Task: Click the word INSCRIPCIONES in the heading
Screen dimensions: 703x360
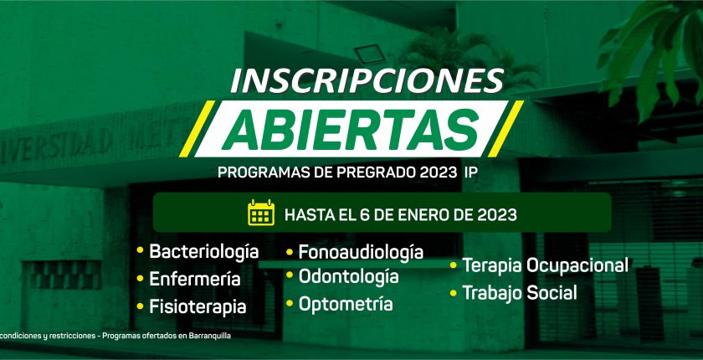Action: tap(367, 80)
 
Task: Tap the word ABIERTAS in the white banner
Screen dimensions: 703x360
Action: tap(351, 129)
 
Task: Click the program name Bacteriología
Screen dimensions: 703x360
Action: tap(204, 252)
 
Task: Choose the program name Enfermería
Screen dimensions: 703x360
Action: tap(195, 279)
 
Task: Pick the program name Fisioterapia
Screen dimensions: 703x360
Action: tap(198, 307)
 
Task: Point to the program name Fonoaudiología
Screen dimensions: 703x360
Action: tap(361, 252)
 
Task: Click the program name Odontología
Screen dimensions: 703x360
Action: tap(349, 276)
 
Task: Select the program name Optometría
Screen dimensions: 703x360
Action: tap(346, 304)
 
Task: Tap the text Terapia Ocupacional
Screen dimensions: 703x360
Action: tap(545, 265)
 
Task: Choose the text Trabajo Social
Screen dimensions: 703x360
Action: tap(520, 293)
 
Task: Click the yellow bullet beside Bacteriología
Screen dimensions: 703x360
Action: tap(140, 250)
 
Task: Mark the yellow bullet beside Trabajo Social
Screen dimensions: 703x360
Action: tap(454, 293)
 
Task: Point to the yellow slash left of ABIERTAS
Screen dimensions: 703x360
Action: tap(198, 129)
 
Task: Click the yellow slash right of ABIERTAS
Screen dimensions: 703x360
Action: tap(505, 129)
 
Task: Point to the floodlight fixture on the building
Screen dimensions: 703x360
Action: tap(370, 54)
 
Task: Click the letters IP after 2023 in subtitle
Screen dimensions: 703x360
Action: tap(467, 172)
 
